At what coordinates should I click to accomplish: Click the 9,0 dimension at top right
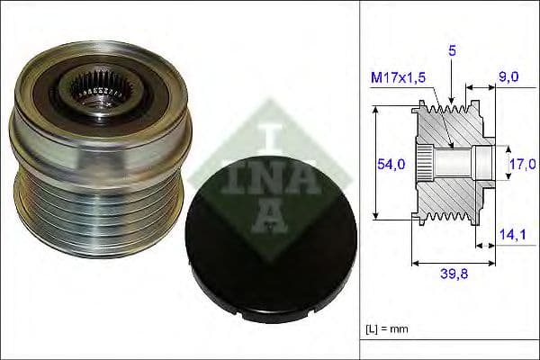[x=508, y=78]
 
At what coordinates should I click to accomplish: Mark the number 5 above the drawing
[x=454, y=52]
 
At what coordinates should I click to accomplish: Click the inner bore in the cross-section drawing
[x=459, y=164]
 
